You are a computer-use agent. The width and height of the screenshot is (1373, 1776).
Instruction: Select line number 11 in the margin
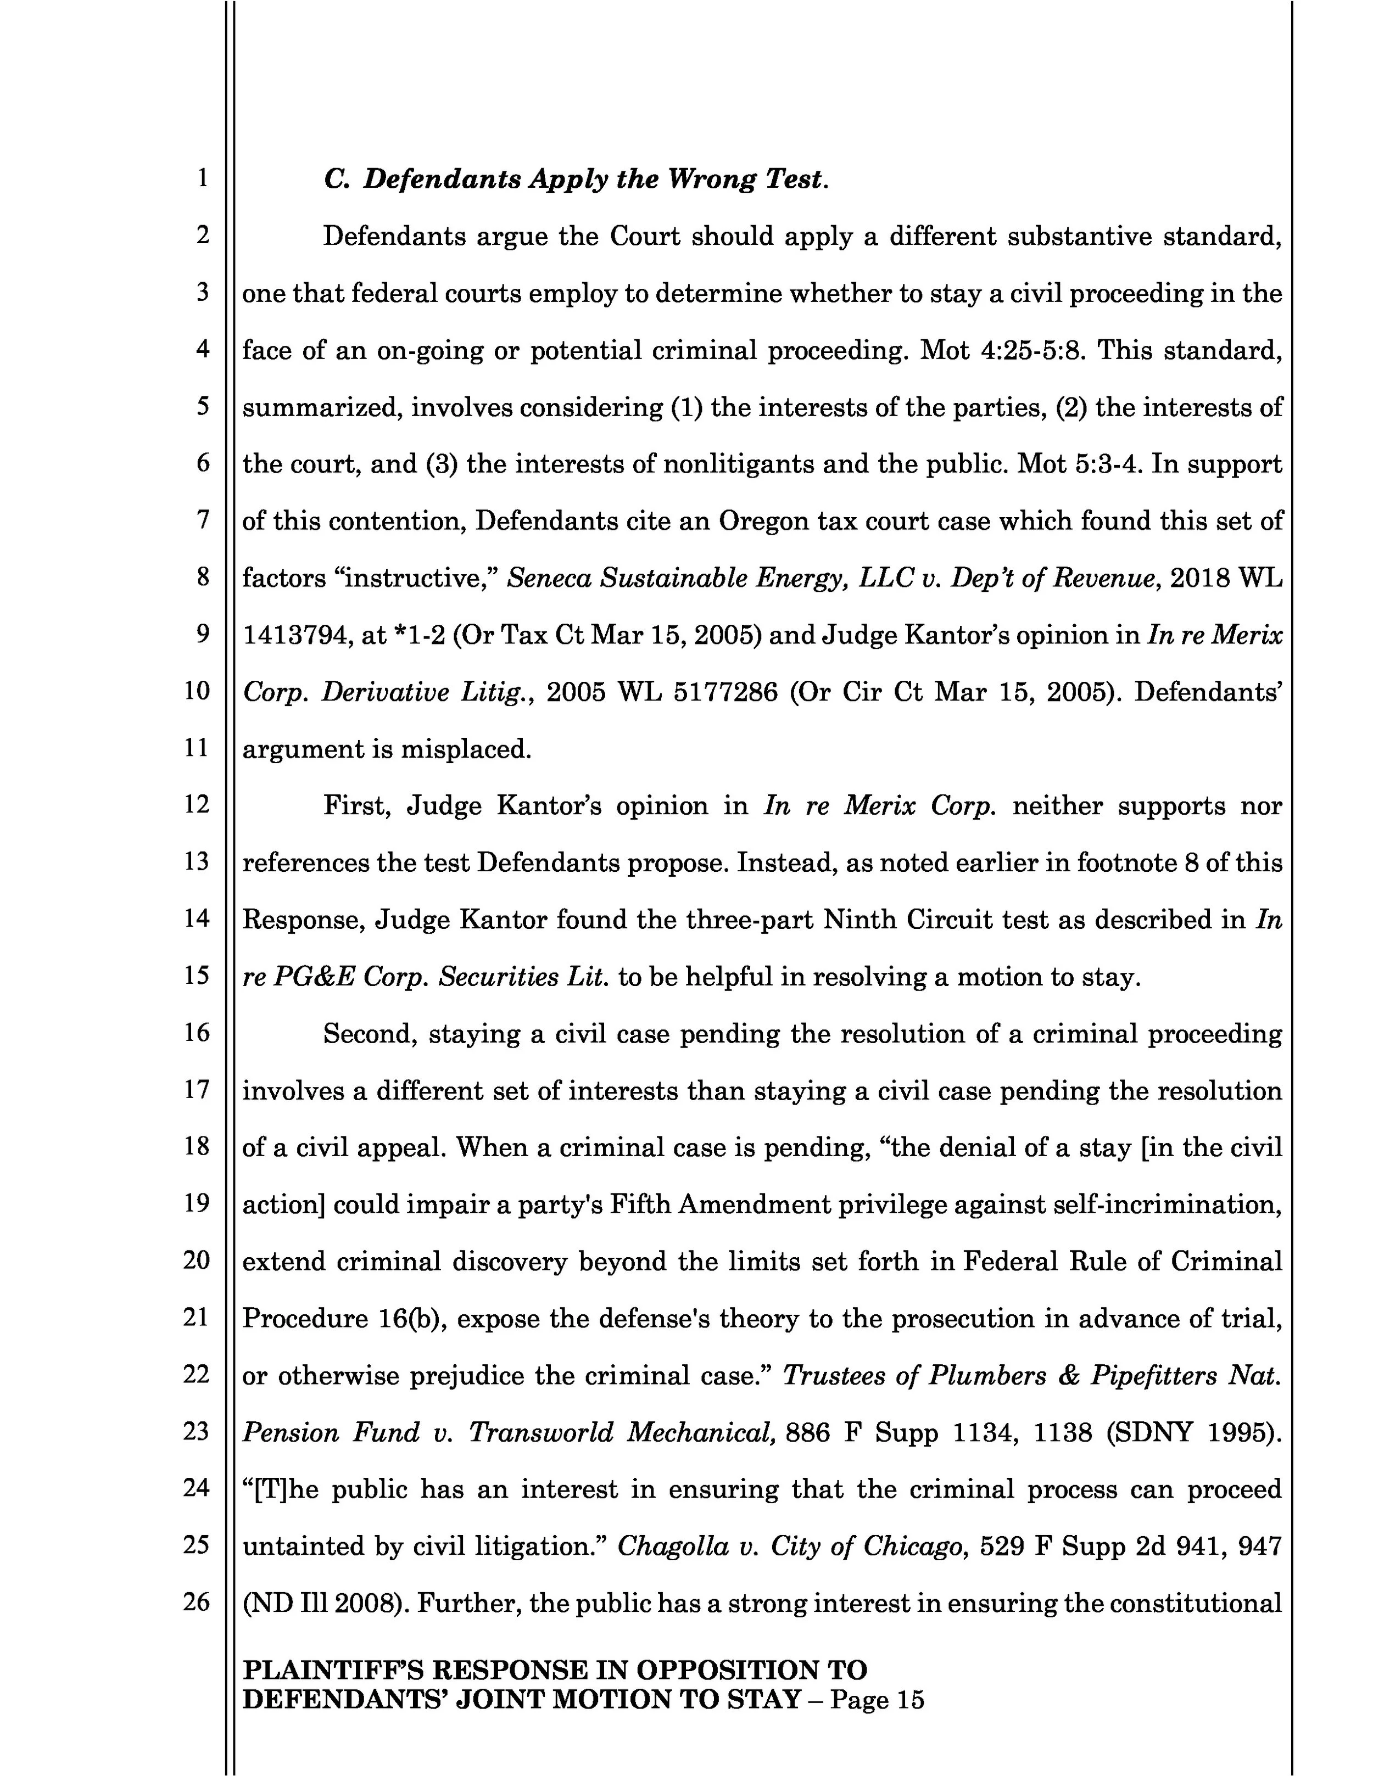pos(196,747)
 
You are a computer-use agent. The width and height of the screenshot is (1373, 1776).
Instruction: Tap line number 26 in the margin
pos(196,1601)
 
